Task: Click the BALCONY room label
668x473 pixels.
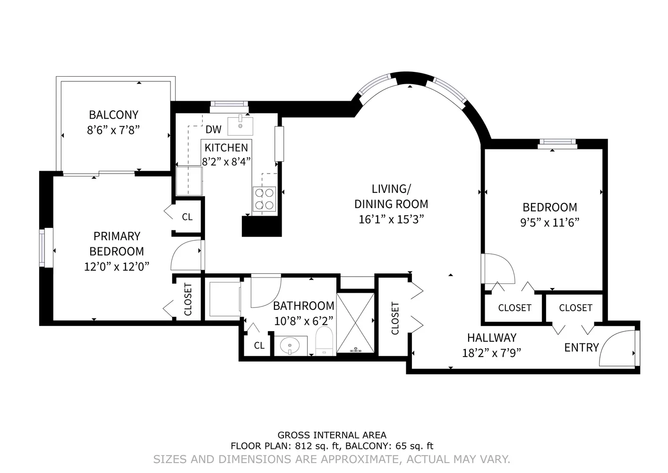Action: (113, 115)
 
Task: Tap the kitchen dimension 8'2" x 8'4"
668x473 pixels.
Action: (226, 162)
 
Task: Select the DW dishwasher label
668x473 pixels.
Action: (214, 130)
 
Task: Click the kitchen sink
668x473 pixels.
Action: (240, 126)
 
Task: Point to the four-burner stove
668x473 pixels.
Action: (264, 199)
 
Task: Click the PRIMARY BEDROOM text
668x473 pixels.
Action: (117, 244)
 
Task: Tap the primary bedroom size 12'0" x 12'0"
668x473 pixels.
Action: (117, 267)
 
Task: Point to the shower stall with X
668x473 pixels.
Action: (356, 322)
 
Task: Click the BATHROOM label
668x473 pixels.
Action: (303, 306)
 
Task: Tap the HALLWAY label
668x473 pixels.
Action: (491, 338)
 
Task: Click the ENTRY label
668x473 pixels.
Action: (581, 348)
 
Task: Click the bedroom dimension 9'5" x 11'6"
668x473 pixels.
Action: (549, 223)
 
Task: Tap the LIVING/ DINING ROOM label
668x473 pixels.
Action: (391, 196)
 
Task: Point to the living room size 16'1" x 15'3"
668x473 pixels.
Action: (391, 219)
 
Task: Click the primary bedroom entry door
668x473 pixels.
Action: (187, 255)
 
